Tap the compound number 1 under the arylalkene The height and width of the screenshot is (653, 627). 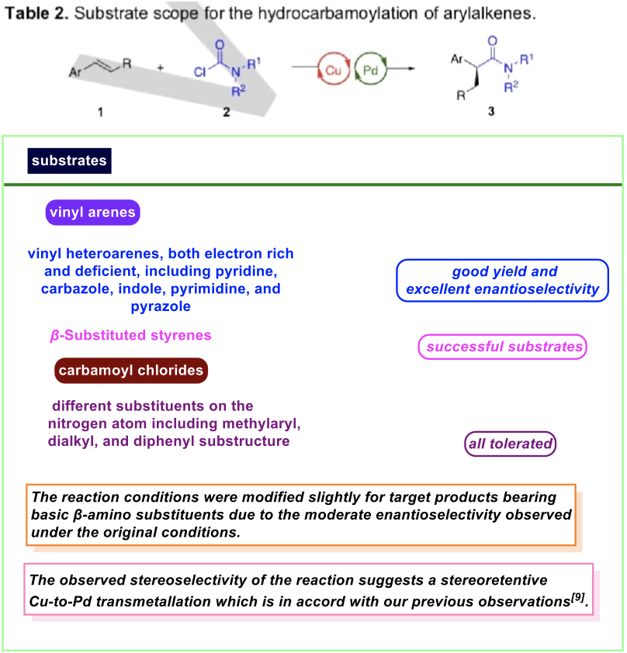click(x=100, y=112)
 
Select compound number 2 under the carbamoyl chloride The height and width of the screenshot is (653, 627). click(x=227, y=112)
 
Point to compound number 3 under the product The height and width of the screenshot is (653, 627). click(x=491, y=111)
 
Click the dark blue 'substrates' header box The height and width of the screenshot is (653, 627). click(x=69, y=161)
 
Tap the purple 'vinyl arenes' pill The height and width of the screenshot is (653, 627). click(x=92, y=212)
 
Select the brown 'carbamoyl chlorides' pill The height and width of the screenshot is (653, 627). click(x=131, y=370)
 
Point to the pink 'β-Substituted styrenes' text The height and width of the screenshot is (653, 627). click(x=131, y=335)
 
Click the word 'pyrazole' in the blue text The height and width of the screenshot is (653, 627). click(x=161, y=306)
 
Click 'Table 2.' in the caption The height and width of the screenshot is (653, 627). click(x=36, y=14)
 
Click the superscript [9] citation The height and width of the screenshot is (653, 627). click(x=577, y=597)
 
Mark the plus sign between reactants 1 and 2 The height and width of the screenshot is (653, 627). click(x=161, y=67)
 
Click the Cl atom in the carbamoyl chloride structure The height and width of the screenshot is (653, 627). click(x=200, y=72)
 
